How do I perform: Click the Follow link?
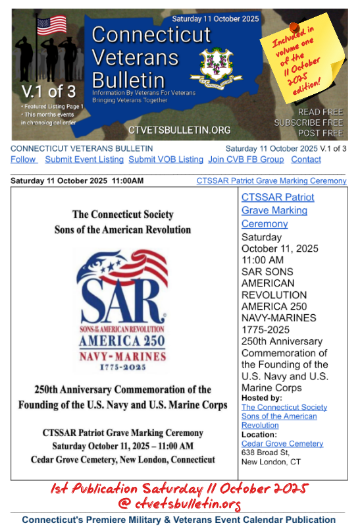(x=23, y=159)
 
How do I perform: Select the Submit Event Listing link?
(x=84, y=159)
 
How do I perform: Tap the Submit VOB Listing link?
(x=166, y=159)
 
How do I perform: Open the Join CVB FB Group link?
(x=246, y=159)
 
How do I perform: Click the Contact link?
(x=306, y=159)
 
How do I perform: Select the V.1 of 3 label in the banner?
(x=43, y=90)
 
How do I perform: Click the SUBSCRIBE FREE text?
(x=308, y=123)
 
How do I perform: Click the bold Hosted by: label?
(x=261, y=398)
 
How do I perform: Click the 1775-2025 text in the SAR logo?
(x=124, y=363)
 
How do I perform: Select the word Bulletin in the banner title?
(x=128, y=80)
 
